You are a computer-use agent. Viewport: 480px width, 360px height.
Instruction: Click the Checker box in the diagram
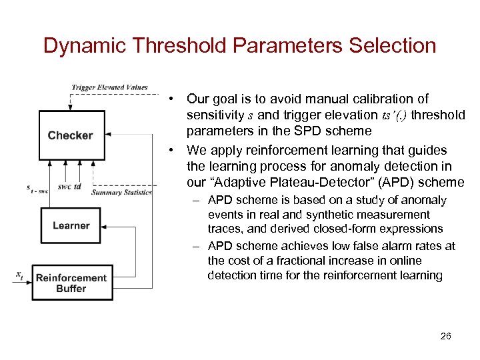71,135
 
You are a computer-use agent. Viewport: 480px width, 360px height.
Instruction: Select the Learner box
71,225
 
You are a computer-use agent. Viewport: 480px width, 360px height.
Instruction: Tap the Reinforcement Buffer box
71,283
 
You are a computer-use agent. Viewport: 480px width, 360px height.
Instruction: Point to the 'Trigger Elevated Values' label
109,87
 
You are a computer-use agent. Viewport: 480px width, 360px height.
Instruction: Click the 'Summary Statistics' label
122,193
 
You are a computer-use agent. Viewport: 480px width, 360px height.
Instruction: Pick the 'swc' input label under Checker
64,187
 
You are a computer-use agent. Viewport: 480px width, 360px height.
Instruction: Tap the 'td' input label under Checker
78,187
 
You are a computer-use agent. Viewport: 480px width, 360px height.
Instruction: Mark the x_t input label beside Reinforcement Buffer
19,274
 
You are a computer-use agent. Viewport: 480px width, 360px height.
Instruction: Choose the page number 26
446,336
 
